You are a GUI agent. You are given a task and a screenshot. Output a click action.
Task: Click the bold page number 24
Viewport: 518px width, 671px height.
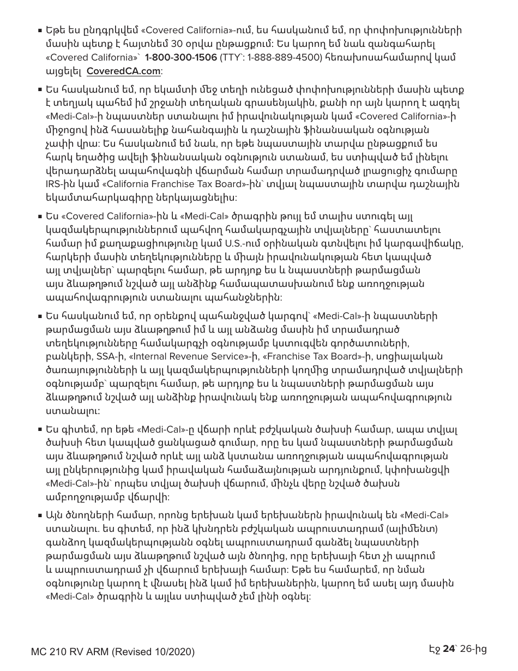448,649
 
